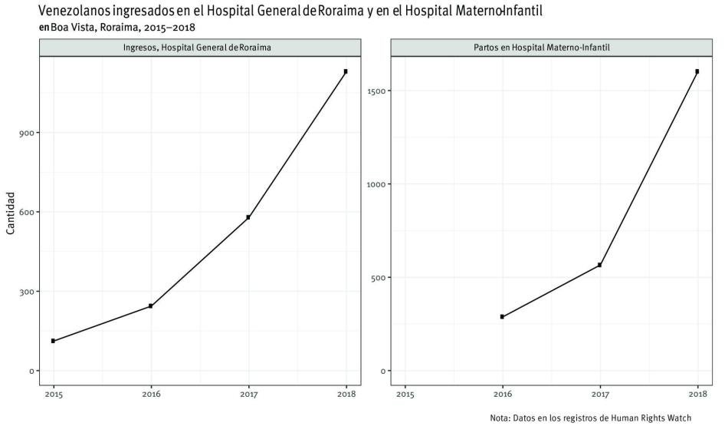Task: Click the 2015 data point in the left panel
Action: (53, 341)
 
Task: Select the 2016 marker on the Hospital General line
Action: (151, 306)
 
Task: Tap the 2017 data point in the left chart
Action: (248, 217)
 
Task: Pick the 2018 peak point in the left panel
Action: (346, 71)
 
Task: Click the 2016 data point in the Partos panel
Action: (502, 316)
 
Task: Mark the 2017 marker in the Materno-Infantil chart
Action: (599, 265)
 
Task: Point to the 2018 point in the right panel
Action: (697, 71)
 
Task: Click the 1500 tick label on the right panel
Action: (379, 91)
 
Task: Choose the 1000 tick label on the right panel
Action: (379, 184)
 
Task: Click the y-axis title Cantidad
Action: (10, 213)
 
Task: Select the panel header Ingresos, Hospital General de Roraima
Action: (198, 48)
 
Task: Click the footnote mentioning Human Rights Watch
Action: (590, 418)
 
